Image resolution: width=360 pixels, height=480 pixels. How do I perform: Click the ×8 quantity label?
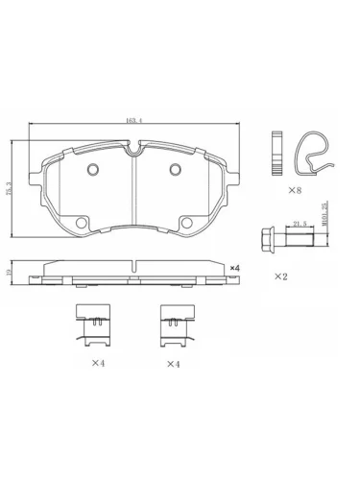297,191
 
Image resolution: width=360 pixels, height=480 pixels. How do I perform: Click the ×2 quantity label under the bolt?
281,276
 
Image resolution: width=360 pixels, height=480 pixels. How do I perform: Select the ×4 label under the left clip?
97,364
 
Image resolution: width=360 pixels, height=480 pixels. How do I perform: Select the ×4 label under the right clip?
173,364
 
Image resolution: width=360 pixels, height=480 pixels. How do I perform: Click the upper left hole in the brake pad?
93,172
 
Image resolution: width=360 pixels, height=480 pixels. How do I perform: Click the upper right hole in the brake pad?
175,172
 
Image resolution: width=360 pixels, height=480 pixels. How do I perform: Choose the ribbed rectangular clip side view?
276,154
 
